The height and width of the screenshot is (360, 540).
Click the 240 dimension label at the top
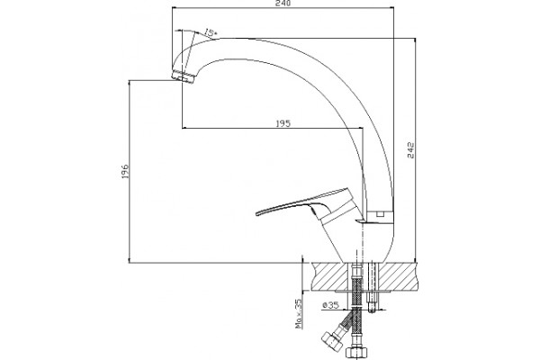pyautogui.click(x=283, y=3)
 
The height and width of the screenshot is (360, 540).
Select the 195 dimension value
pyautogui.click(x=283, y=123)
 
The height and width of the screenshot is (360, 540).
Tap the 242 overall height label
pyautogui.click(x=411, y=150)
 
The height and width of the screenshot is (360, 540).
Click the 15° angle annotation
pyautogui.click(x=210, y=32)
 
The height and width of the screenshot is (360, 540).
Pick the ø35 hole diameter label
pyautogui.click(x=330, y=305)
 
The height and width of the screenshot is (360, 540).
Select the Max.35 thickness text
pyautogui.click(x=298, y=313)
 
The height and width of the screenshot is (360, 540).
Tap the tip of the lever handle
pyautogui.click(x=256, y=214)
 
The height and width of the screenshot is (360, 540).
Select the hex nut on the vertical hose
pyautogui.click(x=356, y=352)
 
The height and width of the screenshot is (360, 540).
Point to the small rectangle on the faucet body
pyautogui.click(x=380, y=214)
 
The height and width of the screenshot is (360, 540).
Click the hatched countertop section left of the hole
pyautogui.click(x=330, y=276)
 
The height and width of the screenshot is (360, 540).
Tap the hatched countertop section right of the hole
pyautogui.click(x=398, y=276)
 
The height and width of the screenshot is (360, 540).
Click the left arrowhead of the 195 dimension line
pyautogui.click(x=184, y=129)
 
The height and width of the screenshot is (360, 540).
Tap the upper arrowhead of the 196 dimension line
pyautogui.click(x=130, y=84)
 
